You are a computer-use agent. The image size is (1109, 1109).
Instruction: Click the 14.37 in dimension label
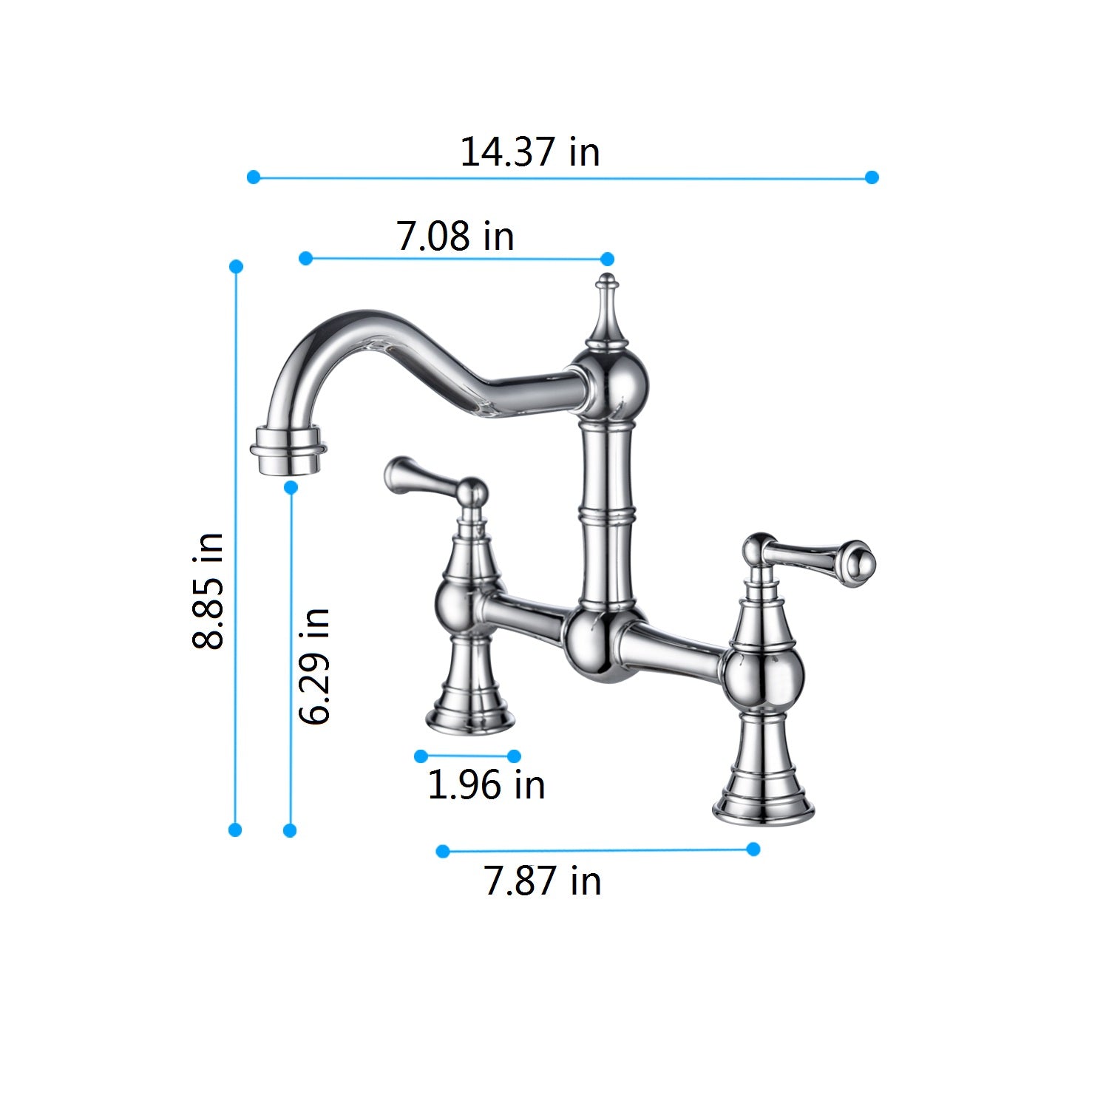click(x=529, y=152)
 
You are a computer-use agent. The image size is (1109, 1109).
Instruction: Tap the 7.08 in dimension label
click(x=455, y=236)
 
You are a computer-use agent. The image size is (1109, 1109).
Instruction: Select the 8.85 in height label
click(x=208, y=591)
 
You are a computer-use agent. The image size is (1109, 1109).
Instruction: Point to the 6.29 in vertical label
click(x=313, y=665)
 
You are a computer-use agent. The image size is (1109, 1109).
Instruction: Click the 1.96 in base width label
click(x=486, y=784)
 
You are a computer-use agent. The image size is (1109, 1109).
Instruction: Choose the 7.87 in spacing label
click(x=543, y=881)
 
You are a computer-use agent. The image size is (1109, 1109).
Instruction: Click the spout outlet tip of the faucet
click(x=288, y=451)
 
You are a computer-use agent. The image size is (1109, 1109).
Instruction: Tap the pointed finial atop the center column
click(x=606, y=311)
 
